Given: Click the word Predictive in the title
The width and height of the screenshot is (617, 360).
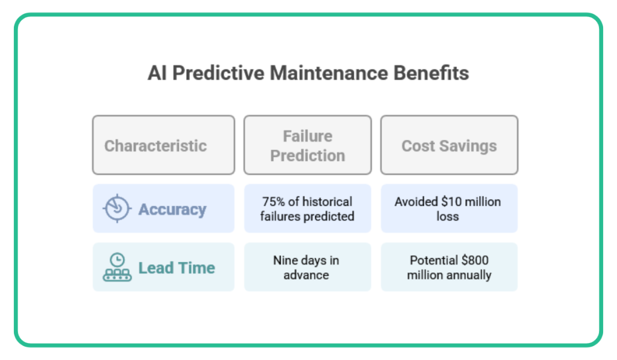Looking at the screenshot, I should click(x=216, y=74).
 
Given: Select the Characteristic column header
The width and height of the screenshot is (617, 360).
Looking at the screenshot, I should click(x=155, y=146).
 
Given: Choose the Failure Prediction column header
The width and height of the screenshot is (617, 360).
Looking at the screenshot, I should click(x=307, y=146).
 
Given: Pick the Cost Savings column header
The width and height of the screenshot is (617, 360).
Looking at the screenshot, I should click(x=449, y=146).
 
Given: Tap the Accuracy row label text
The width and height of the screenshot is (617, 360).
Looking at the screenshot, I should click(x=172, y=209).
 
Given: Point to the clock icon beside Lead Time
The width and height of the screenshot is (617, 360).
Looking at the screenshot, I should click(x=116, y=267).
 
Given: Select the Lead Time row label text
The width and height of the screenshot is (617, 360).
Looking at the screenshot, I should click(x=177, y=268).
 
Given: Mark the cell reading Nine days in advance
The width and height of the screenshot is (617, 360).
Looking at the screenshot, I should click(x=306, y=268).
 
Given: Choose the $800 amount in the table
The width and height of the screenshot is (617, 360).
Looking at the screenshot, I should click(x=474, y=261).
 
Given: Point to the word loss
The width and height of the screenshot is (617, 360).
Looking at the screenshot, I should click(x=448, y=216).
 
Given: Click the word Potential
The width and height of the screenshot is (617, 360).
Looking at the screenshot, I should click(x=434, y=261).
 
